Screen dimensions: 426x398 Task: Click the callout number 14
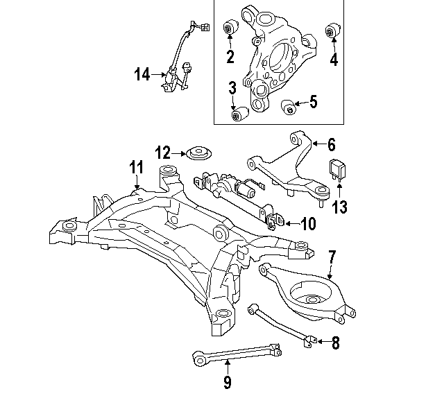142,74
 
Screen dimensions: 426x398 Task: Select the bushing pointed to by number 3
239,114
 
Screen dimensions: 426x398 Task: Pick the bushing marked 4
333,31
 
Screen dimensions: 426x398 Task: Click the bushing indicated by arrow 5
289,107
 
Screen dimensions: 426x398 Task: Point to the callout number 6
332,145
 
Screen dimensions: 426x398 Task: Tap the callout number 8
336,343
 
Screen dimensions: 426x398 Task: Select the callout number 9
228,382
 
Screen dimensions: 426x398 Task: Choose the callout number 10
308,224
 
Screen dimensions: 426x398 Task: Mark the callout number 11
136,167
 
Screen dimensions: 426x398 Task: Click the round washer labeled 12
199,154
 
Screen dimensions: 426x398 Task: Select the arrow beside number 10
292,224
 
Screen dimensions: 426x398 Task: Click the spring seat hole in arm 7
312,300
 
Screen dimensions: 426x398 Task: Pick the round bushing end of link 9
200,359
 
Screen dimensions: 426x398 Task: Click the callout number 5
313,102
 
